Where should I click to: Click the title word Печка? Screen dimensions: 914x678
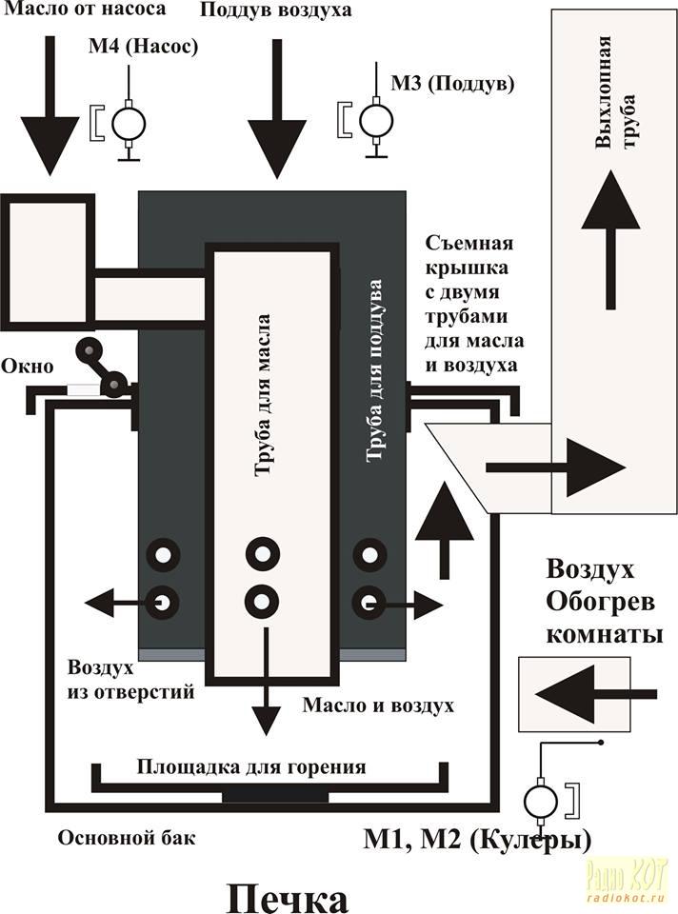click(287, 898)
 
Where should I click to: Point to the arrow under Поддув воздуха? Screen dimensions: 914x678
click(276, 107)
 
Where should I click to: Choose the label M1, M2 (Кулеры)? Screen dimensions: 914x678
click(476, 840)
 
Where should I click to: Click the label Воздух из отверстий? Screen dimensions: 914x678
click(131, 679)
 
